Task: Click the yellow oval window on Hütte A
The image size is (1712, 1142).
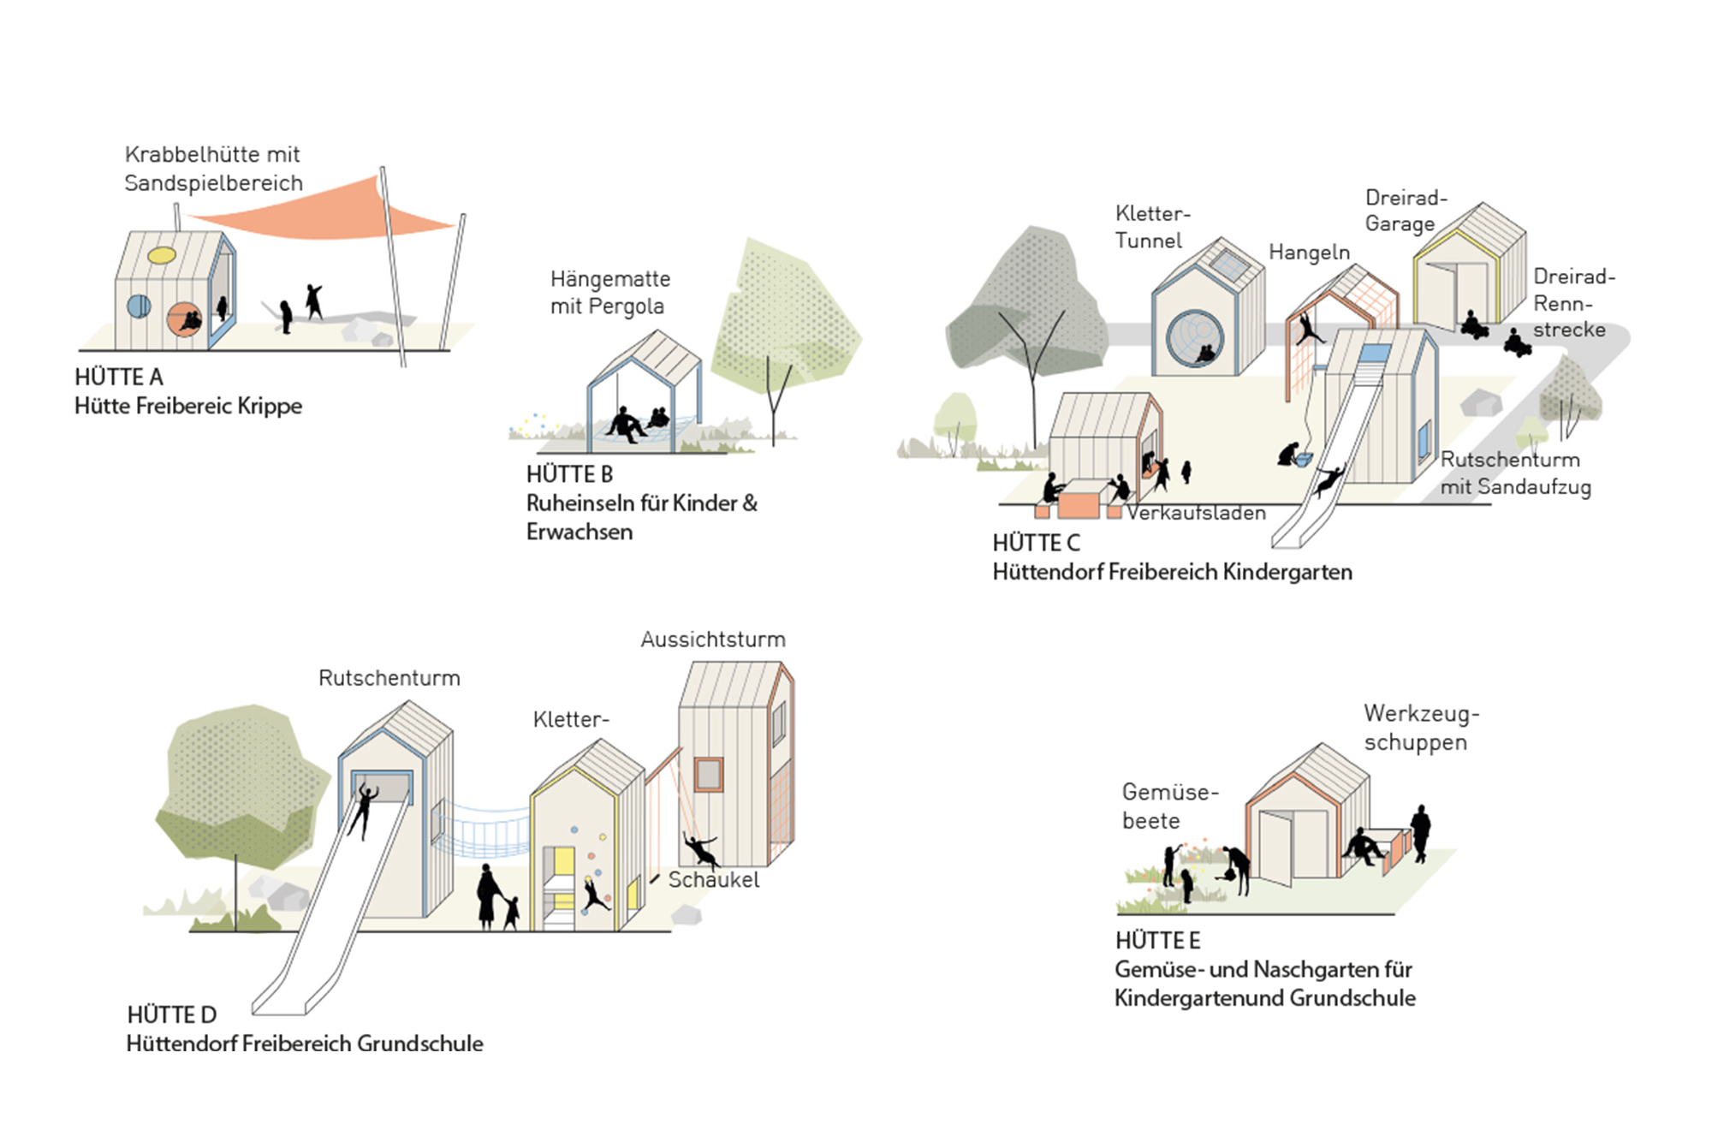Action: tap(162, 255)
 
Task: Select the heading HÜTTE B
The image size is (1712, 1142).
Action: tap(569, 474)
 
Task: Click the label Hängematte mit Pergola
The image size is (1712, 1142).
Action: tap(609, 293)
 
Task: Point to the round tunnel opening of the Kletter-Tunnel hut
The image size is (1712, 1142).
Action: tap(1195, 338)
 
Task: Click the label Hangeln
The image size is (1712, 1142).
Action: tap(1309, 253)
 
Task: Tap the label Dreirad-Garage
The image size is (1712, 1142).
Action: tap(1406, 211)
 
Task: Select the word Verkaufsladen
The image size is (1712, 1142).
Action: tap(1196, 513)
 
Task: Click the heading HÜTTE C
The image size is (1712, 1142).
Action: tap(1036, 543)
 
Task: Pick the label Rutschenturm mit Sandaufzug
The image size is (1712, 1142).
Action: tap(1515, 473)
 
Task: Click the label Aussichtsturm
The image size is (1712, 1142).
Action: tap(713, 639)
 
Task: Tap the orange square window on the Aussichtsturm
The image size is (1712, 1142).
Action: tap(708, 774)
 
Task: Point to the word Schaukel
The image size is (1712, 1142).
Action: tap(713, 880)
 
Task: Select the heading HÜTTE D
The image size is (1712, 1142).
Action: tap(171, 1015)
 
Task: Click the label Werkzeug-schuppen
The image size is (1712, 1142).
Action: tap(1421, 728)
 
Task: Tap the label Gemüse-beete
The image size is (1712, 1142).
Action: tap(1169, 806)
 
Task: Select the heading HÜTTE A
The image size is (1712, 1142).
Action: tap(118, 378)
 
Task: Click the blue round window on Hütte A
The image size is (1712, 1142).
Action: tap(139, 306)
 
